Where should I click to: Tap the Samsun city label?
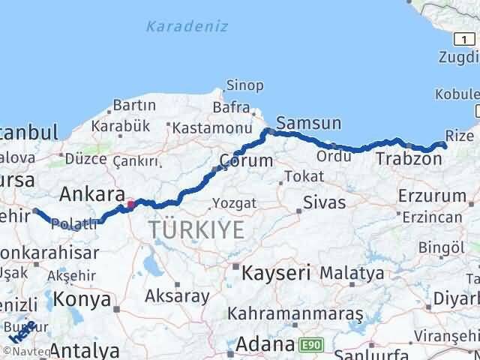click(308, 123)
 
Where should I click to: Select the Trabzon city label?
click(408, 158)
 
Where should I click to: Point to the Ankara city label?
click(91, 194)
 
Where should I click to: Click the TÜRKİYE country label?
click(196, 229)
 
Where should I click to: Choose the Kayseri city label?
click(275, 273)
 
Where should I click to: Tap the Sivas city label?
click(324, 202)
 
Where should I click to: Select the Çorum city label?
click(246, 160)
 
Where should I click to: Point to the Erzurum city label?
click(432, 196)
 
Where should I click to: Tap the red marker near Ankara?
click(130, 203)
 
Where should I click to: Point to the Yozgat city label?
click(235, 203)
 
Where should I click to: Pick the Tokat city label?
click(304, 177)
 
